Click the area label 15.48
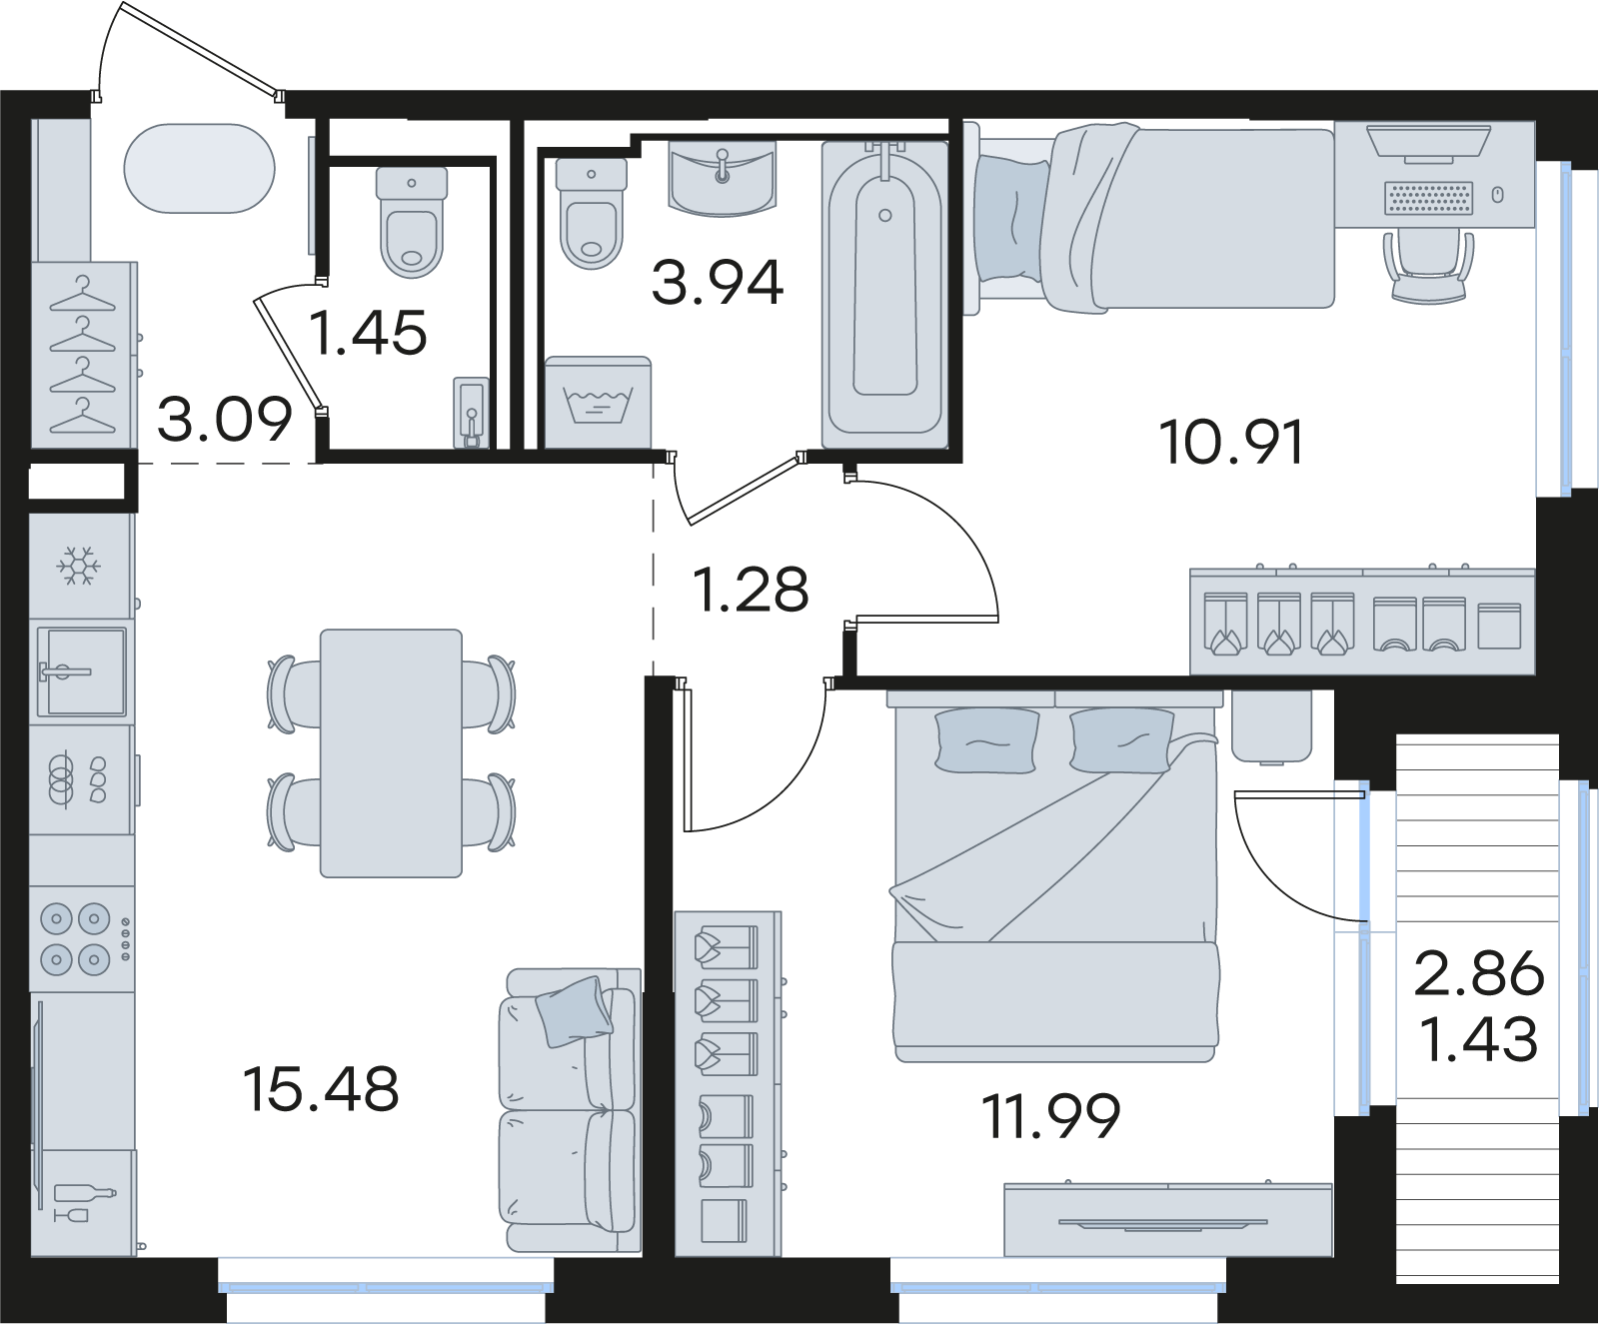[x=321, y=1088]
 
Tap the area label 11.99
[x=1050, y=1115]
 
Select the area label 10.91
[x=1232, y=442]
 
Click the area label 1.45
[x=368, y=333]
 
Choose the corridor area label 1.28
[x=751, y=590]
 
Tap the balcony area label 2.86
[x=1479, y=974]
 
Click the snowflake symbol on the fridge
[x=77, y=566]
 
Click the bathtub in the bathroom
[x=884, y=294]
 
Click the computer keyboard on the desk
[x=1429, y=197]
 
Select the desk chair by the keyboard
[x=1429, y=265]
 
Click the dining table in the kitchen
[x=391, y=753]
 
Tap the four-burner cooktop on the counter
[x=76, y=939]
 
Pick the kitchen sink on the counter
[x=82, y=671]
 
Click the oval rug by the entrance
[x=200, y=168]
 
